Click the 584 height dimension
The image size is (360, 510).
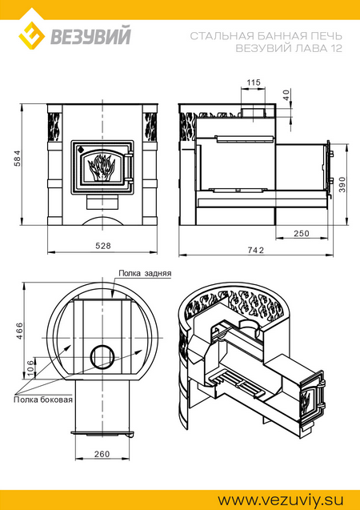(18, 158)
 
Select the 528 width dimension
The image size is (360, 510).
(103, 246)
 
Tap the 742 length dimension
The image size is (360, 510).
(256, 250)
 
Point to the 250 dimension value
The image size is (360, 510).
(302, 233)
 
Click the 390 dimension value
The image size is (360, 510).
(342, 184)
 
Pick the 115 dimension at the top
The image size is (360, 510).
(254, 82)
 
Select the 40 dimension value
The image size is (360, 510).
(286, 94)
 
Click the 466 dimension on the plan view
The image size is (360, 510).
(19, 331)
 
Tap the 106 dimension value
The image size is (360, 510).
(30, 368)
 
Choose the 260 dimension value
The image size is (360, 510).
(102, 454)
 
